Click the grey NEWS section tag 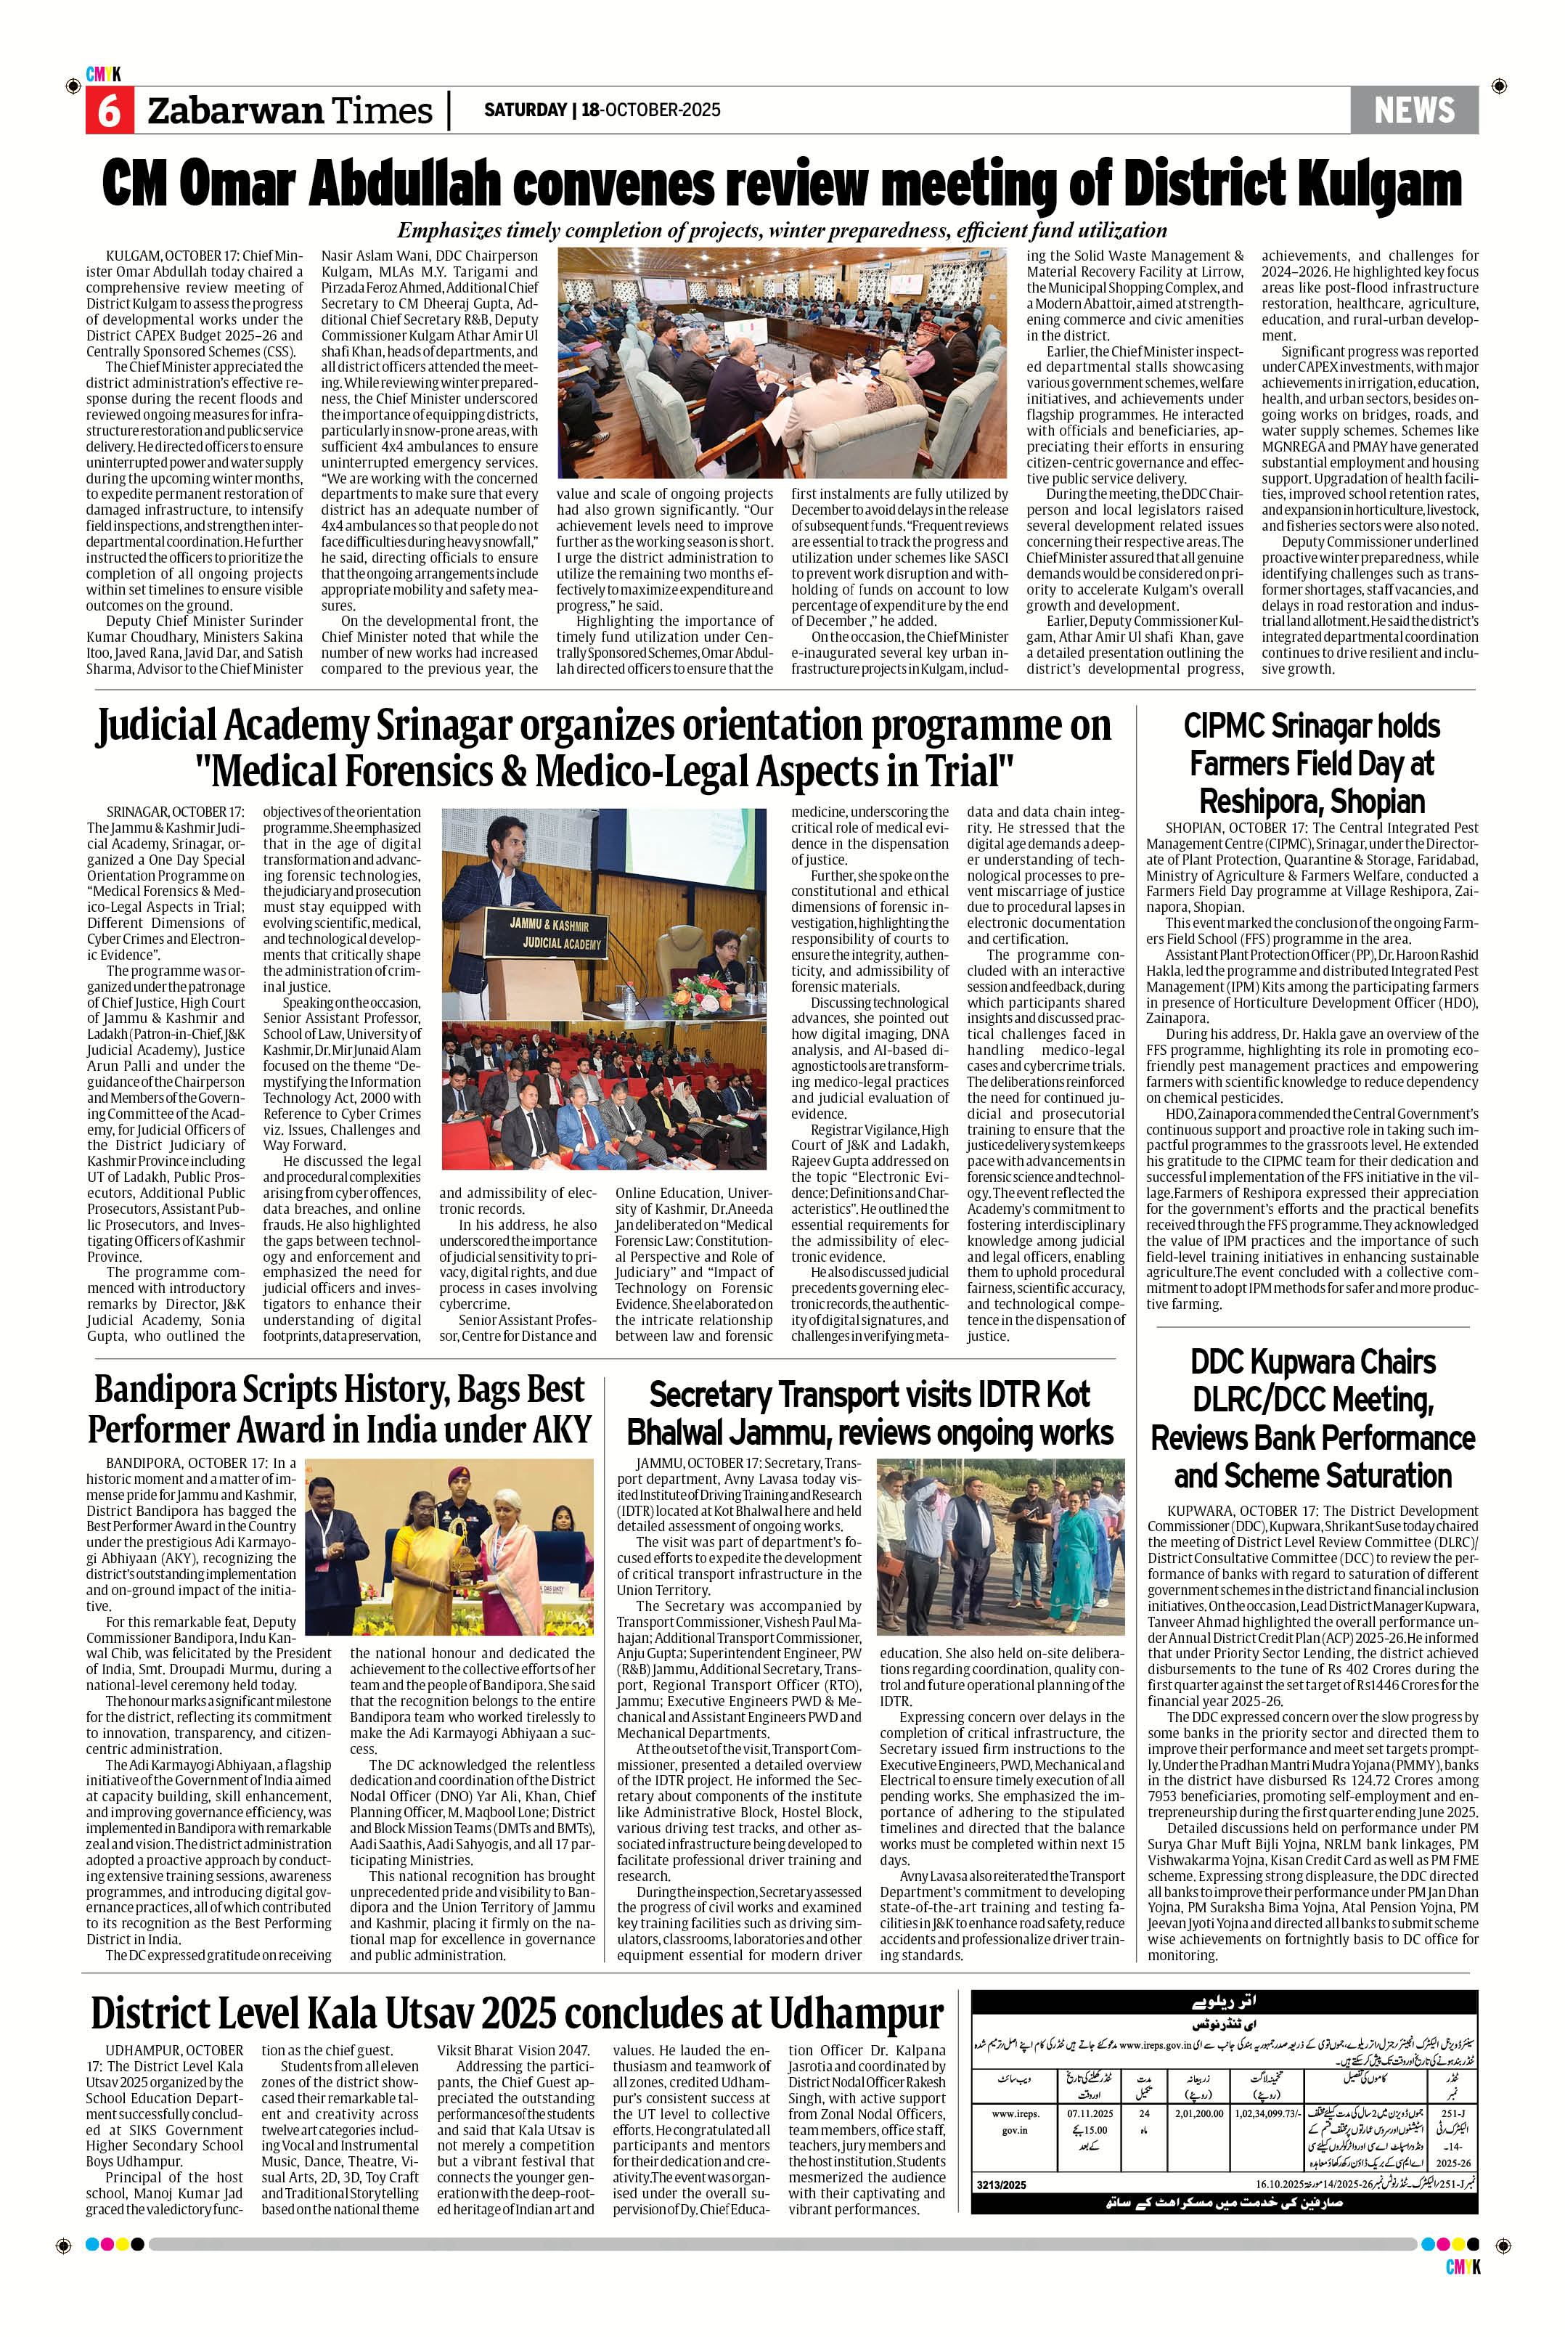(1413, 110)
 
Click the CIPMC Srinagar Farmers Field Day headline (1312, 764)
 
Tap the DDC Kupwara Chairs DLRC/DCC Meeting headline (1312, 1419)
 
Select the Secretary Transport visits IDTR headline (870, 1413)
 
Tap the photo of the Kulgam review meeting (782, 364)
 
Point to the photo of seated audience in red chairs (602, 1095)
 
